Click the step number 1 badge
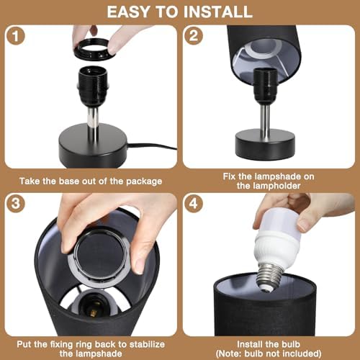[16, 36]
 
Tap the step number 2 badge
[194, 36]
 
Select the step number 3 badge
[16, 204]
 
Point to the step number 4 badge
[194, 204]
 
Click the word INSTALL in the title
[217, 12]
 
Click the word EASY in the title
[128, 12]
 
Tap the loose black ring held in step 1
[94, 49]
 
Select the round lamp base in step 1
[93, 144]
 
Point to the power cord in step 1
[152, 146]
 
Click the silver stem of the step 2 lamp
[265, 118]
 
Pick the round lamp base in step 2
[265, 144]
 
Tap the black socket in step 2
[265, 87]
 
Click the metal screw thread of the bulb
[271, 276]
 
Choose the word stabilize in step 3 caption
[147, 344]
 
